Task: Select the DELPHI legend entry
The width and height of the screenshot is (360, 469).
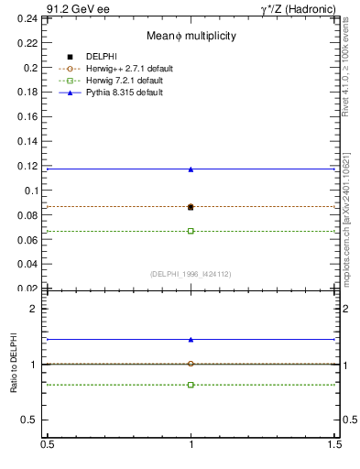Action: [x=104, y=57]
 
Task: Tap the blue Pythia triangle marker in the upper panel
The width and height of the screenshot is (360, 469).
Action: [x=191, y=169]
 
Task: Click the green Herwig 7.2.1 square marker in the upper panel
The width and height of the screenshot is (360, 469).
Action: [x=191, y=231]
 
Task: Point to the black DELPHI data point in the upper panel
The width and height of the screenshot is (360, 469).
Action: [x=191, y=207]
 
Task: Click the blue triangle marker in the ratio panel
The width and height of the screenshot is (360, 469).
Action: [x=191, y=339]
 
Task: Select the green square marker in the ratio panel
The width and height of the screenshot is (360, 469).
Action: [x=191, y=385]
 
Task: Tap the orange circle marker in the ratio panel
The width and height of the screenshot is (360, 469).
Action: [x=191, y=364]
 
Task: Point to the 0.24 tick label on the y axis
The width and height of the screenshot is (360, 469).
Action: [x=31, y=19]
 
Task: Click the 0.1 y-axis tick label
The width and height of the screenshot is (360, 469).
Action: [x=34, y=191]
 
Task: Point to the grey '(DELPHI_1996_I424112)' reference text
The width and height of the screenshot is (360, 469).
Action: [x=191, y=274]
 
